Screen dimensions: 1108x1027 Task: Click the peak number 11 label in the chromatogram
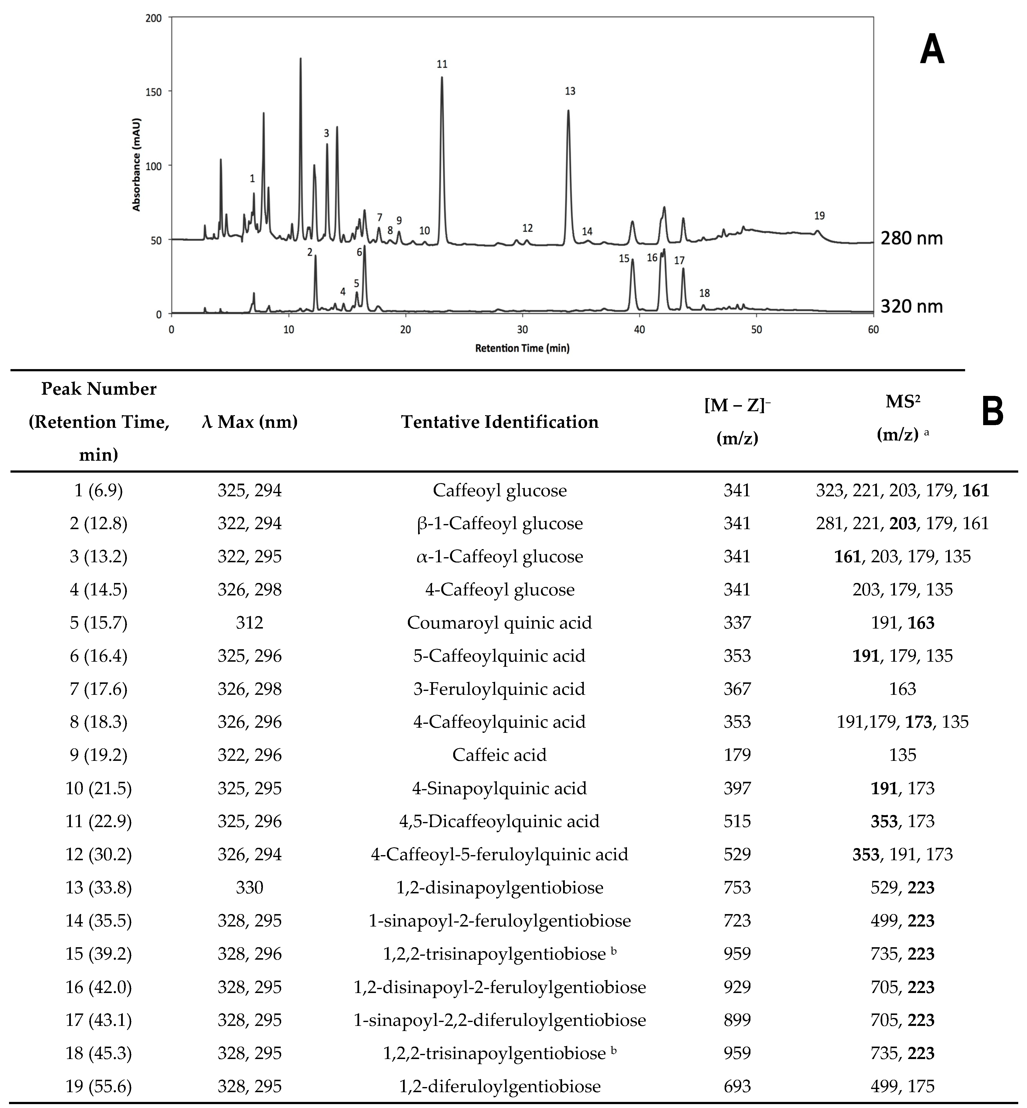(x=442, y=65)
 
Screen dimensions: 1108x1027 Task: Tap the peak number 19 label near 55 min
(x=819, y=216)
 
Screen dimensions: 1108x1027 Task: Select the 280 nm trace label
(x=912, y=239)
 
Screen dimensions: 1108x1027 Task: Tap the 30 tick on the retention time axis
(x=522, y=330)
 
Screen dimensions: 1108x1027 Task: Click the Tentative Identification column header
(x=499, y=422)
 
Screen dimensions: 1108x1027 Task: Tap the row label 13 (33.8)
(x=99, y=888)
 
